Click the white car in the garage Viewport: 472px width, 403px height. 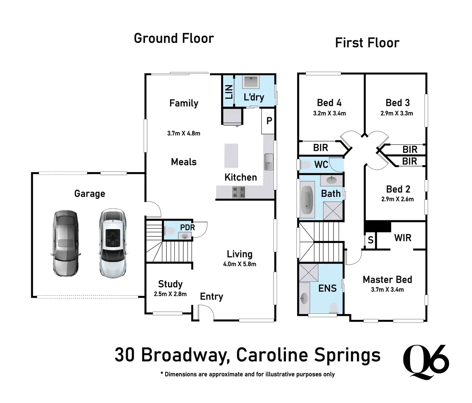tap(113, 243)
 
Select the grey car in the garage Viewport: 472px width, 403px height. tap(65, 244)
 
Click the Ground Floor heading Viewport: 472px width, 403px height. tap(174, 39)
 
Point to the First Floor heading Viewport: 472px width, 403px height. tap(367, 43)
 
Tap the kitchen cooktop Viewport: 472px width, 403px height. tap(239, 192)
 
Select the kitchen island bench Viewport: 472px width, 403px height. tap(231, 156)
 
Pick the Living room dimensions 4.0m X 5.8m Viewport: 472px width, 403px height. tap(240, 264)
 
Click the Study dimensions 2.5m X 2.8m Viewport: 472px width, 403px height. tap(170, 294)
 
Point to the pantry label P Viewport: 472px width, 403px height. tap(269, 120)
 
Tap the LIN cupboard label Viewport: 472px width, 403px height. tap(229, 92)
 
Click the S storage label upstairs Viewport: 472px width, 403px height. tap(371, 240)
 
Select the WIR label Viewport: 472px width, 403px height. tap(403, 238)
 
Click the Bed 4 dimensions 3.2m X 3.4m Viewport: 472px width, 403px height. tap(329, 113)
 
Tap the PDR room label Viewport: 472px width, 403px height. tap(188, 227)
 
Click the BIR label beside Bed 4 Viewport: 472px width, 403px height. tap(321, 148)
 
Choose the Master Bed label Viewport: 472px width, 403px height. tap(387, 280)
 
